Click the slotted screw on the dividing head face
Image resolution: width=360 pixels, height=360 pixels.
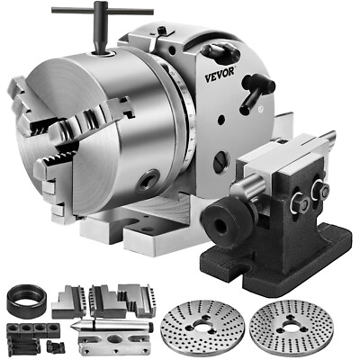[221, 161]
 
